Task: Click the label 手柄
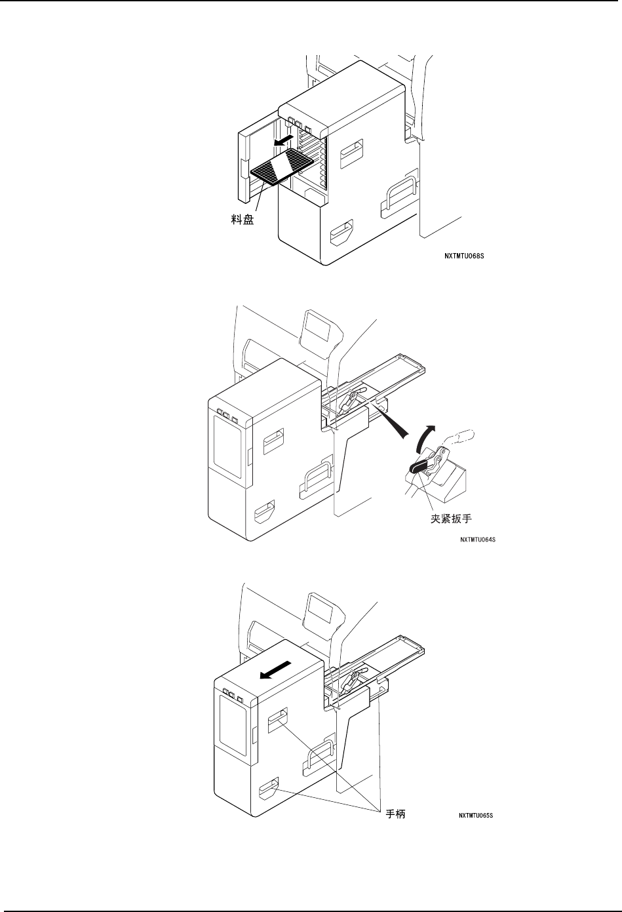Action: point(394,814)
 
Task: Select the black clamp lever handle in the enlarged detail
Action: point(419,466)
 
